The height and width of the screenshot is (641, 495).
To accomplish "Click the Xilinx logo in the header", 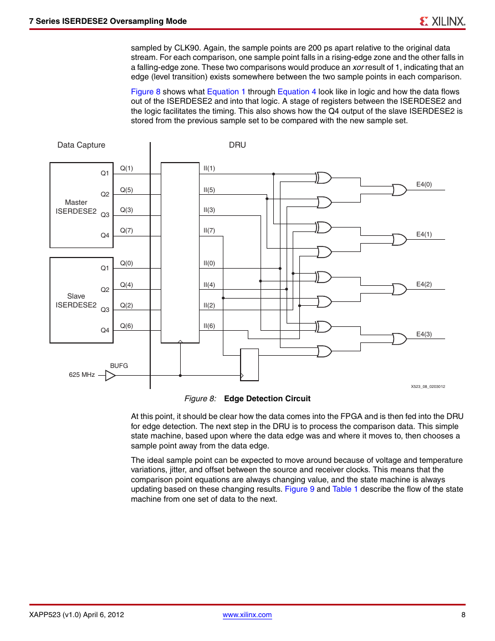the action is pyautogui.click(x=442, y=21).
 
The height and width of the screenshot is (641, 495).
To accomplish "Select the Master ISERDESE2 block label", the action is pyautogui.click(x=76, y=207).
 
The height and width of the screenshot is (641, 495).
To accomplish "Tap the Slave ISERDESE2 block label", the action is pyautogui.click(x=76, y=300).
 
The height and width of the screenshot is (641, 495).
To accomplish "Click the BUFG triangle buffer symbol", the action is pyautogui.click(x=110, y=375).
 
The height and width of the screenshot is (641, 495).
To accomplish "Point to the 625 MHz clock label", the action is pyautogui.click(x=81, y=375).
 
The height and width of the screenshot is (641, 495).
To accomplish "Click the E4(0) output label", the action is pyautogui.click(x=424, y=184).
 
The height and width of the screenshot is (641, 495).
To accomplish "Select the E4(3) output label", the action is pyautogui.click(x=424, y=334).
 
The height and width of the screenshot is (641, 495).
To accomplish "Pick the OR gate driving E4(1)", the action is pyautogui.click(x=400, y=240).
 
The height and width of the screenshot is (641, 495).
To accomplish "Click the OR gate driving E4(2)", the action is pyautogui.click(x=400, y=290).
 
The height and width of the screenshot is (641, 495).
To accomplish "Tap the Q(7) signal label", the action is pyautogui.click(x=126, y=230).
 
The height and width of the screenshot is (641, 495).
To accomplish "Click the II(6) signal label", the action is pyautogui.click(x=209, y=326).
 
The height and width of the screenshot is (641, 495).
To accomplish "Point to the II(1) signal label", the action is pyautogui.click(x=209, y=168).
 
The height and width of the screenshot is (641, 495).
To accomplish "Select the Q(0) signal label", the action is pyautogui.click(x=126, y=263).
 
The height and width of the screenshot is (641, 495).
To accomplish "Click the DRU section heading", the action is pyautogui.click(x=237, y=145).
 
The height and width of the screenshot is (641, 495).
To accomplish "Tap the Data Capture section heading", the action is pyautogui.click(x=81, y=145).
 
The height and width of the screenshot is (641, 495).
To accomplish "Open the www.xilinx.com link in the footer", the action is pyautogui.click(x=247, y=615).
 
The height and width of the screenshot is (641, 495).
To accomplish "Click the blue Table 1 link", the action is pyautogui.click(x=345, y=489).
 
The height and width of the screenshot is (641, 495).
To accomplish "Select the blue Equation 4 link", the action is pyautogui.click(x=297, y=92).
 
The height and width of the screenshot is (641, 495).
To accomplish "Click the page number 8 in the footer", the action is pyautogui.click(x=463, y=615).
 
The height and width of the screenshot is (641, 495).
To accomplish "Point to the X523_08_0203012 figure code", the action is pyautogui.click(x=428, y=386).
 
